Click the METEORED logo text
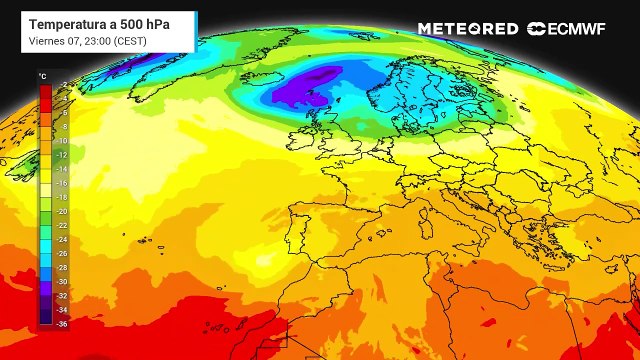468,29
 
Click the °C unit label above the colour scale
42,76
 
